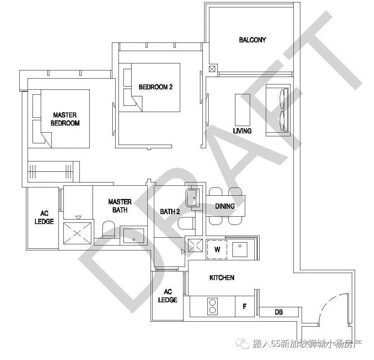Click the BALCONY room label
tap(252, 40)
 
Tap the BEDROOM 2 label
tap(156, 87)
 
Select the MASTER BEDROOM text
tap(65, 119)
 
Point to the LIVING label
tap(242, 131)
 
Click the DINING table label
tap(225, 206)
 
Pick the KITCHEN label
tap(222, 278)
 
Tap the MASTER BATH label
tap(120, 206)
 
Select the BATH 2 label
tap(170, 212)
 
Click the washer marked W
tap(217, 250)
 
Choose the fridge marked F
tap(245, 306)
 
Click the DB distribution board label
tap(279, 312)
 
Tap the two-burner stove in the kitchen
tap(212, 306)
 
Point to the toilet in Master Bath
tap(109, 229)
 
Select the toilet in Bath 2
tap(186, 223)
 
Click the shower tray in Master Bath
tap(77, 233)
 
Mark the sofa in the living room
tap(278, 110)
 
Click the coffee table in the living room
tap(243, 110)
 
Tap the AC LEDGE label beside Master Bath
tap(44, 217)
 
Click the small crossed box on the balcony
tap(212, 69)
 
